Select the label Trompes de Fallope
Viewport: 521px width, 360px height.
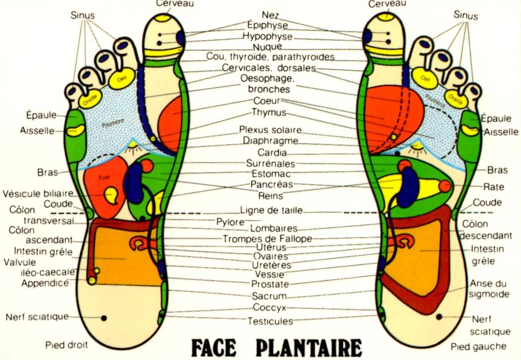[267, 238]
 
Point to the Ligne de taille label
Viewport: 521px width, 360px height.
[271, 210]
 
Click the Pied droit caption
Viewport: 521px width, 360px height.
[67, 345]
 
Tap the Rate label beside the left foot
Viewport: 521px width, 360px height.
[493, 187]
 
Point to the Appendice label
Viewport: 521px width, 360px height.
[45, 283]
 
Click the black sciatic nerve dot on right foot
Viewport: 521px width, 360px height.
[104, 318]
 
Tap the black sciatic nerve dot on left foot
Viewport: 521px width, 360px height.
[439, 317]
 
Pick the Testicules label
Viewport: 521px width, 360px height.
[270, 321]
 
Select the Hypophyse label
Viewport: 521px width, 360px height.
[268, 36]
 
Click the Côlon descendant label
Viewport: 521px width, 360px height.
[486, 230]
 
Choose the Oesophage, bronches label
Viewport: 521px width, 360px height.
[269, 83]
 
